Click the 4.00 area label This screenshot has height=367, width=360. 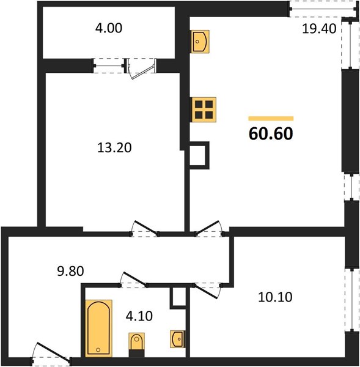(x=109, y=28)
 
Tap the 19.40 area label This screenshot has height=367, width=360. (x=319, y=29)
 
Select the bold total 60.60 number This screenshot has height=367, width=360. (x=271, y=133)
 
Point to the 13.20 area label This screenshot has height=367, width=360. (x=114, y=147)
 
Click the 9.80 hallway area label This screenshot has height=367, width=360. (x=70, y=271)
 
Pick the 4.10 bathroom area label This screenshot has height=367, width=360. (x=139, y=316)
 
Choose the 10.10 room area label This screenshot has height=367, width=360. (x=275, y=297)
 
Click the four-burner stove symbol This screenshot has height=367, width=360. (x=204, y=109)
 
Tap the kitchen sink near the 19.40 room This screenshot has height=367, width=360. (x=200, y=42)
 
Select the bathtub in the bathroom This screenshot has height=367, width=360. (x=99, y=328)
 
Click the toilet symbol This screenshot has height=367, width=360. (x=137, y=345)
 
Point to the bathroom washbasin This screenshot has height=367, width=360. (x=177, y=339)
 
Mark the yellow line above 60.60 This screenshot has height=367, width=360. (x=271, y=119)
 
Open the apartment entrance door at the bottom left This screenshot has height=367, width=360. (x=52, y=354)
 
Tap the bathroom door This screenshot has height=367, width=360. (x=134, y=280)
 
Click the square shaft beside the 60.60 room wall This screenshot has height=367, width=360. (x=199, y=155)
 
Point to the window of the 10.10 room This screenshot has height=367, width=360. (x=352, y=300)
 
